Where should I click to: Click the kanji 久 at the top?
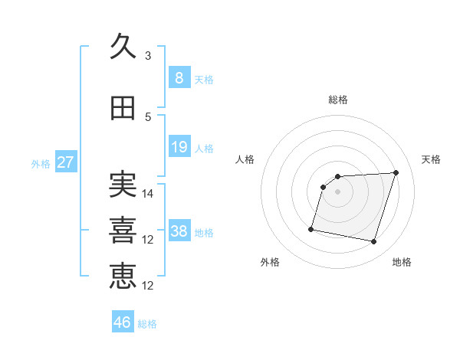click(x=123, y=46)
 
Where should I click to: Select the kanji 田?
click(x=123, y=108)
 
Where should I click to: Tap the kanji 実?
click(x=123, y=184)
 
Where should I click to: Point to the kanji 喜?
click(x=123, y=231)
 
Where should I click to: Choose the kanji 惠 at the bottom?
click(x=123, y=277)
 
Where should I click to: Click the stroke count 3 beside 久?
click(x=148, y=56)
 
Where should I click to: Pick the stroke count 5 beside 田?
click(x=148, y=117)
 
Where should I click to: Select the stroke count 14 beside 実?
click(x=147, y=194)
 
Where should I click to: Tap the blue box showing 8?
click(x=179, y=77)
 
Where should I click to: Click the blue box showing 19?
click(x=179, y=146)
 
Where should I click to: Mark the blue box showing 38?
click(x=179, y=230)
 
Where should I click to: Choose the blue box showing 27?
click(x=66, y=162)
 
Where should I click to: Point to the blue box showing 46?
click(x=123, y=321)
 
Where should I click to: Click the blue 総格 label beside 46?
click(x=147, y=324)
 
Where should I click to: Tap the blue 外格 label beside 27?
click(x=41, y=164)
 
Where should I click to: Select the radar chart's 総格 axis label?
click(x=338, y=100)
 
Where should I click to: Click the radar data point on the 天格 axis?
click(x=396, y=172)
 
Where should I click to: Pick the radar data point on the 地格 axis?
click(x=374, y=242)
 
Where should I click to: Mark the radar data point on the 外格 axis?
click(x=311, y=229)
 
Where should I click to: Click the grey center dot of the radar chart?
click(x=337, y=191)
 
